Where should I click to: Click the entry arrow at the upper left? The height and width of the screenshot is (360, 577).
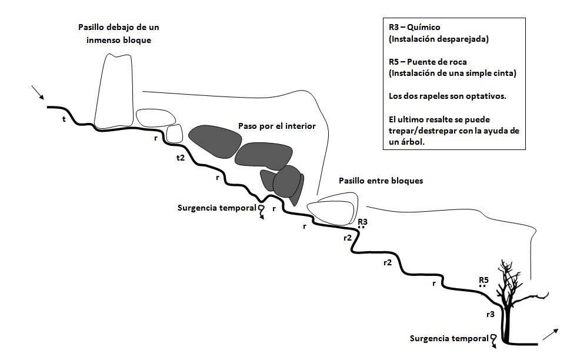click(x=38, y=92)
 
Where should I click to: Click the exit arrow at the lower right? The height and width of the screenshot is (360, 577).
click(x=551, y=334)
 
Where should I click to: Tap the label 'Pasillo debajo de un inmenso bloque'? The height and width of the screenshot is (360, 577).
click(x=118, y=34)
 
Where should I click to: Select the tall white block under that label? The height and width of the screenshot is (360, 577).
click(x=114, y=91)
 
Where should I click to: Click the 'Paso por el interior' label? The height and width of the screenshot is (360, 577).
click(x=276, y=126)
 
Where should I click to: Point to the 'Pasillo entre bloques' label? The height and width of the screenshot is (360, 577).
click(x=381, y=181)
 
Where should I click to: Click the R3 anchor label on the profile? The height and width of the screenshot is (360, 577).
click(x=362, y=222)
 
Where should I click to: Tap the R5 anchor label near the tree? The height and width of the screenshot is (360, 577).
click(x=483, y=280)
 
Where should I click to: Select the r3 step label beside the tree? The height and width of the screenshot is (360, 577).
click(x=491, y=314)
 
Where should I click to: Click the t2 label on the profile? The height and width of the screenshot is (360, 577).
click(x=181, y=158)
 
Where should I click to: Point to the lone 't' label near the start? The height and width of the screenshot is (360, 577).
click(x=64, y=119)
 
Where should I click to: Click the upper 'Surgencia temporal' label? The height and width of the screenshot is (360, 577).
click(x=217, y=208)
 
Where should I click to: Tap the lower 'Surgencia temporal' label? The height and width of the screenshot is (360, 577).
click(x=449, y=339)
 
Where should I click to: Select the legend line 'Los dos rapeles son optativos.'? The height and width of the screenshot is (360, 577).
click(x=448, y=96)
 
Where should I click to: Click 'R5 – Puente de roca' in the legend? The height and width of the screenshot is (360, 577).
click(x=428, y=62)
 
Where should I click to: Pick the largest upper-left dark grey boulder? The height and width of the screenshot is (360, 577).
click(x=215, y=142)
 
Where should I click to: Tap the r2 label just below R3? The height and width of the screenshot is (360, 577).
click(x=348, y=238)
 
